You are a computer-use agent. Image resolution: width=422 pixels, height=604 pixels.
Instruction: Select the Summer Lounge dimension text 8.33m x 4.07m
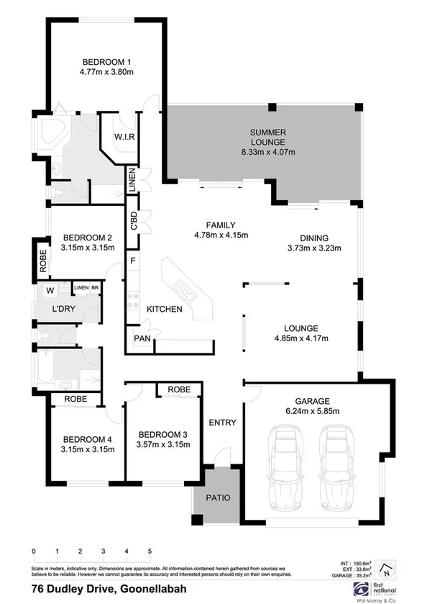[x=268, y=152]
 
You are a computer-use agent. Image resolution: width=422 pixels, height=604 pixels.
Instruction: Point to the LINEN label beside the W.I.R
[x=132, y=180]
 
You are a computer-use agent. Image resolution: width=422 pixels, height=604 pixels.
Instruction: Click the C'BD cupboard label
[x=133, y=220]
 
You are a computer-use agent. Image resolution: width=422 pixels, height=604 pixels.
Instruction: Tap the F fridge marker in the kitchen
[x=133, y=260]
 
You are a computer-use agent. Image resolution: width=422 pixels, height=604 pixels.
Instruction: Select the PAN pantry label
[x=140, y=338]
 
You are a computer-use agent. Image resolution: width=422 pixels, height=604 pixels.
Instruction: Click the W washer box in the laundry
[x=50, y=291]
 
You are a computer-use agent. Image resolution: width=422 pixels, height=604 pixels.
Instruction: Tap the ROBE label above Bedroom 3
[x=179, y=389]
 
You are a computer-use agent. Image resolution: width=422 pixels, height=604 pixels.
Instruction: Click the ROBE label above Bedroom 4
[x=76, y=398]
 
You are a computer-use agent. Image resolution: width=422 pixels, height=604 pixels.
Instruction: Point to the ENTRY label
[x=222, y=423]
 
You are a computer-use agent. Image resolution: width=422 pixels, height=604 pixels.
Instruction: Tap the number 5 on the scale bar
[x=150, y=551]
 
